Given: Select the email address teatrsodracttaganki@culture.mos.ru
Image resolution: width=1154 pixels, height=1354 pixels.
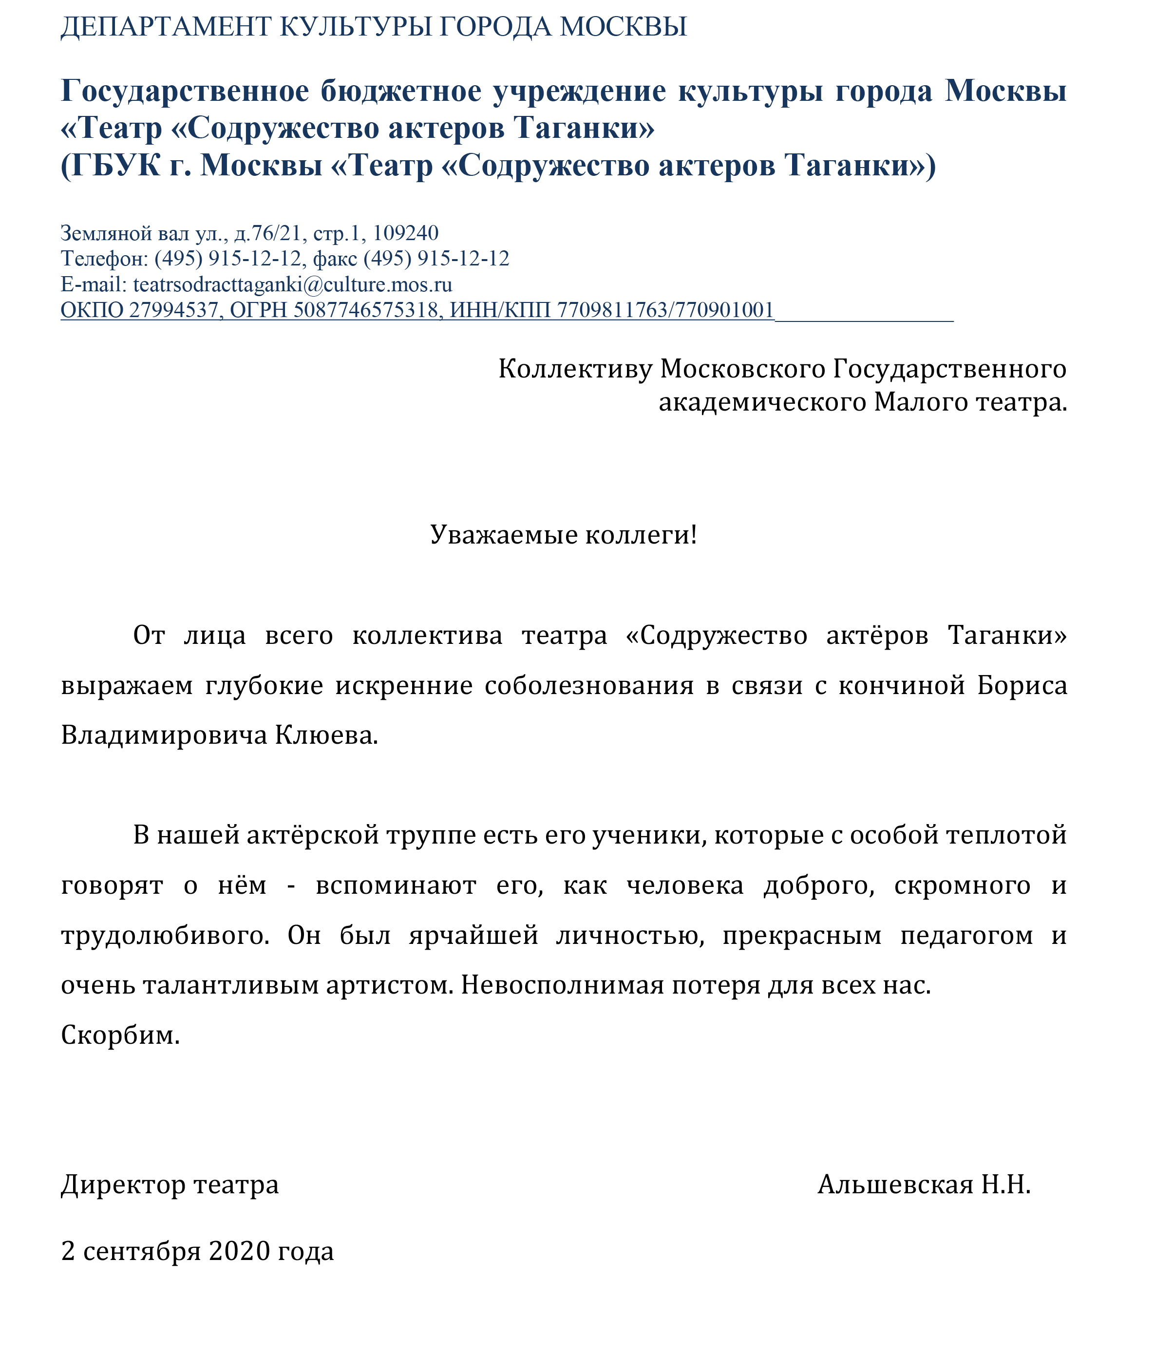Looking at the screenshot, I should (x=292, y=284).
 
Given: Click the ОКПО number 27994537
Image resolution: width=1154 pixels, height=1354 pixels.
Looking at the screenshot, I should (x=173, y=310).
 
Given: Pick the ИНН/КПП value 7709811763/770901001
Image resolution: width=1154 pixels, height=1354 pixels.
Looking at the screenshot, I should (x=664, y=310).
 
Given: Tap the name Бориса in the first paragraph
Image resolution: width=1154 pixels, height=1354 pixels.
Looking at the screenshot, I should (x=1022, y=685).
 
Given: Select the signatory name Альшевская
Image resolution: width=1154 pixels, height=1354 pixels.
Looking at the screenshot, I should (x=895, y=1185).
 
